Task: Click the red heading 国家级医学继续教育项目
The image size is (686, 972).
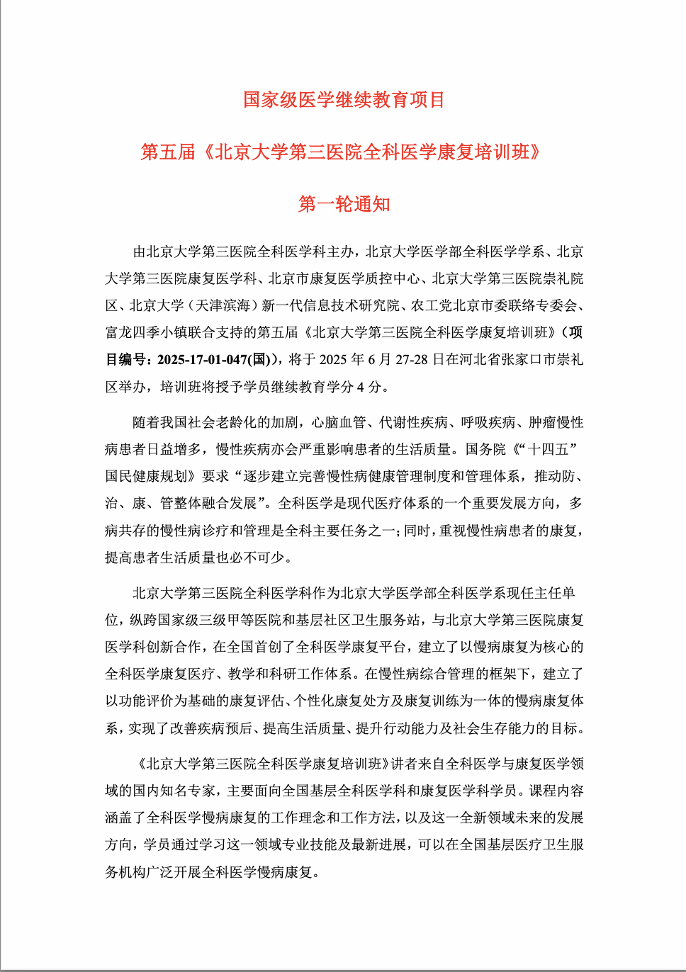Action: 344,100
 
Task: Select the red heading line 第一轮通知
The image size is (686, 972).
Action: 344,204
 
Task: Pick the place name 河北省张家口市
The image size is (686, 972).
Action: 507,360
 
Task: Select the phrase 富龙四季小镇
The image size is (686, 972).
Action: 140,333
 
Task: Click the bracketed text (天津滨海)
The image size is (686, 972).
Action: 223,306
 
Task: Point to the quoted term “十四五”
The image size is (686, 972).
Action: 551,449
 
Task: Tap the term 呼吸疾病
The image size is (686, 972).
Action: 488,423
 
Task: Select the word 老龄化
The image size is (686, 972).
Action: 236,423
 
